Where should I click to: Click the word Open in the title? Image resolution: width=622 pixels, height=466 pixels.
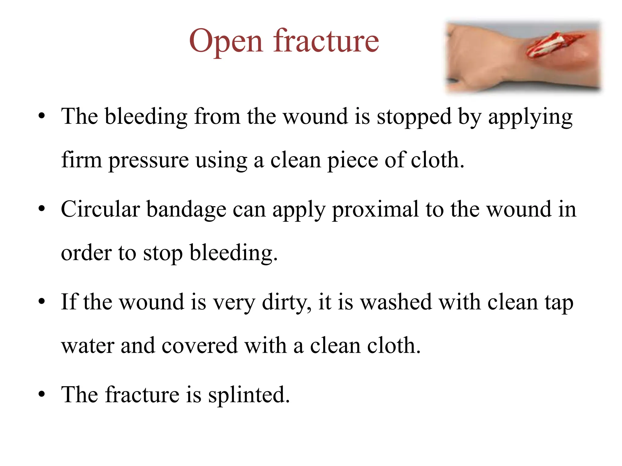pos(225,41)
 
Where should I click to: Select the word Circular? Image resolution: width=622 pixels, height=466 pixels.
pos(100,209)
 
